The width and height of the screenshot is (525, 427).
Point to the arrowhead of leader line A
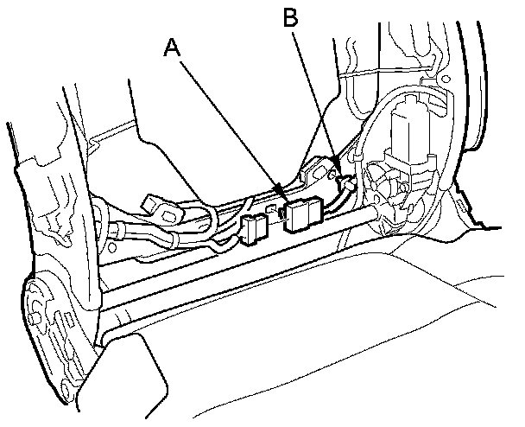[x=281, y=190]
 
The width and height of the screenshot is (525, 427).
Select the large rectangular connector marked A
[x=303, y=215]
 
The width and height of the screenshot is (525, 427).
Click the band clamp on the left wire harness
[x=117, y=232]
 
